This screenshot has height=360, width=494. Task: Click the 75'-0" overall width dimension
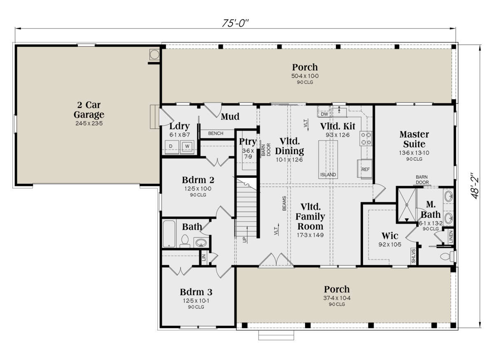point(235,23)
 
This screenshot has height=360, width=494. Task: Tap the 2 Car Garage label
point(89,110)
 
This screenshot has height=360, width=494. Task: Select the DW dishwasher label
point(324,114)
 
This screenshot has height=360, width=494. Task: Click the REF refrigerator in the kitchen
point(365,169)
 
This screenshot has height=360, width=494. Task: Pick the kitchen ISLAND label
point(328,175)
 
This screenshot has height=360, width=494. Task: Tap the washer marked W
point(187,147)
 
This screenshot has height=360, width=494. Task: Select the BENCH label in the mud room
point(215,133)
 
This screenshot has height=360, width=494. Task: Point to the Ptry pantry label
point(248,142)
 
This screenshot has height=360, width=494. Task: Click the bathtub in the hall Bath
point(169,234)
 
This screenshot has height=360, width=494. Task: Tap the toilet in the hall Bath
point(184,241)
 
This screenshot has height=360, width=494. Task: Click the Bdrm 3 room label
point(196,292)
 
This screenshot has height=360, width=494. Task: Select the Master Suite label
point(414,139)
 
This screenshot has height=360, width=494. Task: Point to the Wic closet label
point(390,236)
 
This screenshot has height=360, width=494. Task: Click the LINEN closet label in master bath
point(451,236)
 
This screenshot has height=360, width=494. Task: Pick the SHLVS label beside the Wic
point(413,256)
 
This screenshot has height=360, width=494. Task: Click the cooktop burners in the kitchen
point(366,138)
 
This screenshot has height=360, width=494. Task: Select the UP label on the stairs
point(245,240)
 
